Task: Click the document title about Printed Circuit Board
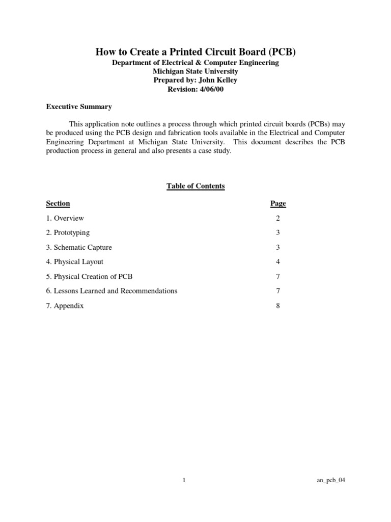pos(195,52)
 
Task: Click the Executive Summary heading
pos(79,107)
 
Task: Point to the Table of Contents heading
pos(195,186)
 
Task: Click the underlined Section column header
pos(58,203)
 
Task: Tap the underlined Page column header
pos(278,203)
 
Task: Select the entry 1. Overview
pos(65,218)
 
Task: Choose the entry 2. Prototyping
pos(68,232)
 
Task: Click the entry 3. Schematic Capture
pos(79,247)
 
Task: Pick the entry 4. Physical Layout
pos(75,262)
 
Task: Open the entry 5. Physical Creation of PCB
pos(89,276)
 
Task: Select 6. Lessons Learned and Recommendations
pos(111,291)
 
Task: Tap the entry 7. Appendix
pos(65,306)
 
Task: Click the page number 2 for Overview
pos(278,218)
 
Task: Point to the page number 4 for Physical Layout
pos(278,262)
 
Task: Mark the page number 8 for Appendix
pos(278,306)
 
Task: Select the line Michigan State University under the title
pos(195,71)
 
